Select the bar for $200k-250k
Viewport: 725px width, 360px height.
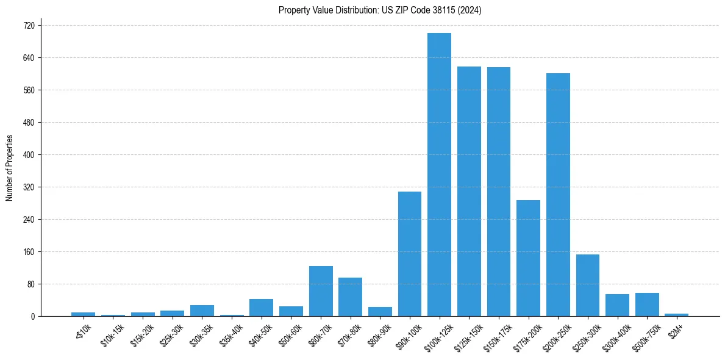558,195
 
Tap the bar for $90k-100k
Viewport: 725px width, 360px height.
410,254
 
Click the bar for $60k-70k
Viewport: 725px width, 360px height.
321,291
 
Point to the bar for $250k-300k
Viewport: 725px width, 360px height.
588,285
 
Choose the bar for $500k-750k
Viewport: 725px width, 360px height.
647,304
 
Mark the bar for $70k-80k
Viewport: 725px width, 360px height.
351,297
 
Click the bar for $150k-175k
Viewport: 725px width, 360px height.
499,192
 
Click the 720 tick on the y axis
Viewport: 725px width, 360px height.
29,26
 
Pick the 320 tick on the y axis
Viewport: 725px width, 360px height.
29,187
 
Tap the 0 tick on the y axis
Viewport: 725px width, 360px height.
33,317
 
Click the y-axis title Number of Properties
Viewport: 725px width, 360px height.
10,168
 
